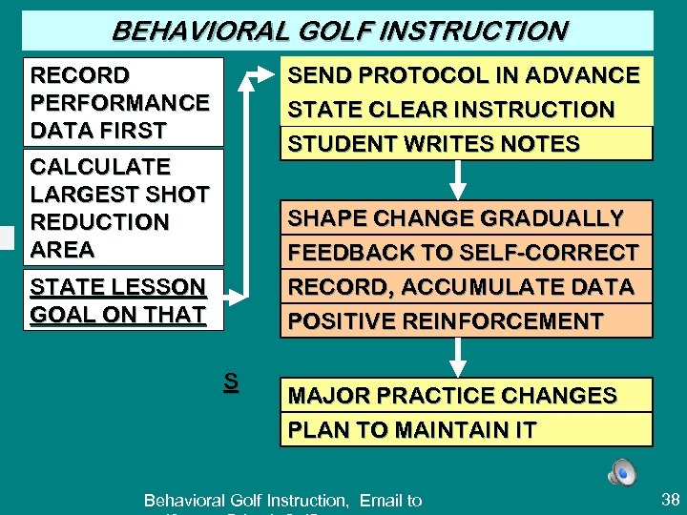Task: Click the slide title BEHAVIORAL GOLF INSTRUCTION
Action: (x=339, y=31)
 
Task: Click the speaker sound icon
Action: (x=621, y=472)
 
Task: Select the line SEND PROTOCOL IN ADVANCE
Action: (x=464, y=75)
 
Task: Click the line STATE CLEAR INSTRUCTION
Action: (x=451, y=110)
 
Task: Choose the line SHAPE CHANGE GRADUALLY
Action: (x=455, y=217)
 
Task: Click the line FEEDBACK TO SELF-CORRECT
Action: (x=464, y=253)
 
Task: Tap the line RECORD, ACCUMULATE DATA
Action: (x=461, y=287)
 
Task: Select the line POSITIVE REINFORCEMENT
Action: (x=446, y=321)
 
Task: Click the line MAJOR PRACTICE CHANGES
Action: (x=452, y=395)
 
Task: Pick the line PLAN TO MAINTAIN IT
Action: (x=412, y=429)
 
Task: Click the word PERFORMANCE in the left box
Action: (x=120, y=102)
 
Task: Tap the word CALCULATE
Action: (x=100, y=167)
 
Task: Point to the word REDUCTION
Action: (x=100, y=222)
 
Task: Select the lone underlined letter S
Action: (x=230, y=382)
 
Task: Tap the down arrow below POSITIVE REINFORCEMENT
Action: (x=459, y=357)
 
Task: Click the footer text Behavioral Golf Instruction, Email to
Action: (x=282, y=500)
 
